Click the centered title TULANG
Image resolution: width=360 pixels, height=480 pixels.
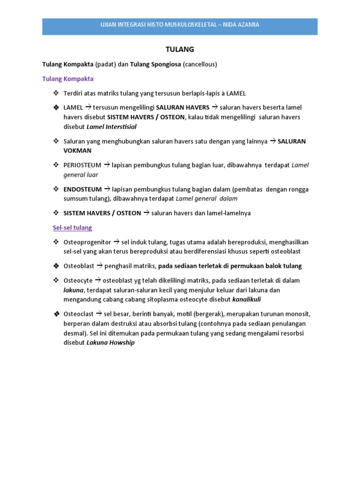180,49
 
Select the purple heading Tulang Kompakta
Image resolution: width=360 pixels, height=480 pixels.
68,79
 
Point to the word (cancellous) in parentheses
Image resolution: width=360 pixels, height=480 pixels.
200,64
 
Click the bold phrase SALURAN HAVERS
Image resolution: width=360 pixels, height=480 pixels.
182,107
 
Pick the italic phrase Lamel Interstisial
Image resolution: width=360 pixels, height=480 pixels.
112,127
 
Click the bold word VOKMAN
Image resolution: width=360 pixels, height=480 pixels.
77,150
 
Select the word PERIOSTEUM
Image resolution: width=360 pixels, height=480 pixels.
82,165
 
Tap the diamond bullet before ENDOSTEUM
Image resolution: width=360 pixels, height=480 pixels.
57,189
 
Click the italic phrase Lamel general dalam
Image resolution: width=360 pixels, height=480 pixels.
207,198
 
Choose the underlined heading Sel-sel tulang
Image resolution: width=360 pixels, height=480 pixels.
72,227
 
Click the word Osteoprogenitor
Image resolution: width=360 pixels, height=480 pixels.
87,242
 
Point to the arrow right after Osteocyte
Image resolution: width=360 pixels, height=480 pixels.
98,280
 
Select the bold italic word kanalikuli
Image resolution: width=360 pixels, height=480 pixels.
247,299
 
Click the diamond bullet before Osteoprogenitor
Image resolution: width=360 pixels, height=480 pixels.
57,242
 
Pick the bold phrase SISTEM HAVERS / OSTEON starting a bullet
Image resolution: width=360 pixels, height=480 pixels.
102,213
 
